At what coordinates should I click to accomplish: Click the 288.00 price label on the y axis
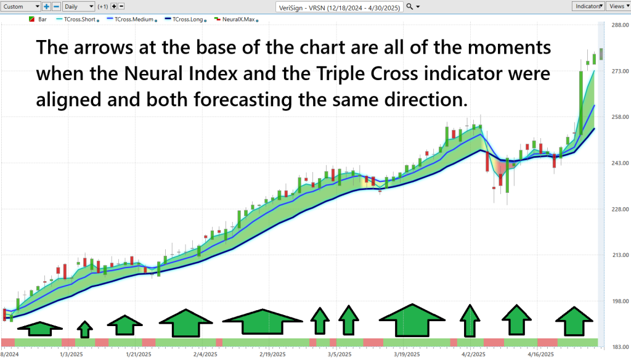click(x=620, y=25)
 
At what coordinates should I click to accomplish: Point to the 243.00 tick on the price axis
click(x=620, y=163)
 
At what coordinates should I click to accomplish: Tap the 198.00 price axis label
click(x=620, y=301)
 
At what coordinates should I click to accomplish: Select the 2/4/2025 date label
click(x=205, y=354)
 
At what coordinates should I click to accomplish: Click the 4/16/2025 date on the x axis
click(x=540, y=354)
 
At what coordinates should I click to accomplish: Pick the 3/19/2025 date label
click(x=407, y=354)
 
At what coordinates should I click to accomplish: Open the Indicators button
click(x=588, y=6)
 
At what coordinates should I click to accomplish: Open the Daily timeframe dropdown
click(x=78, y=6)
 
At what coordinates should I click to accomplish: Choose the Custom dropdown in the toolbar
click(x=20, y=6)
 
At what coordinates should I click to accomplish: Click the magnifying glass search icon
click(x=409, y=6)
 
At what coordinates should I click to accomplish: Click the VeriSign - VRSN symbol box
click(x=340, y=7)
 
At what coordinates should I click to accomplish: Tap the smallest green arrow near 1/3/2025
click(x=85, y=329)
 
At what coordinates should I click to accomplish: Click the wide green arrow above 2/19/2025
click(x=263, y=322)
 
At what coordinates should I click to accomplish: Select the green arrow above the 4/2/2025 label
click(x=470, y=321)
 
